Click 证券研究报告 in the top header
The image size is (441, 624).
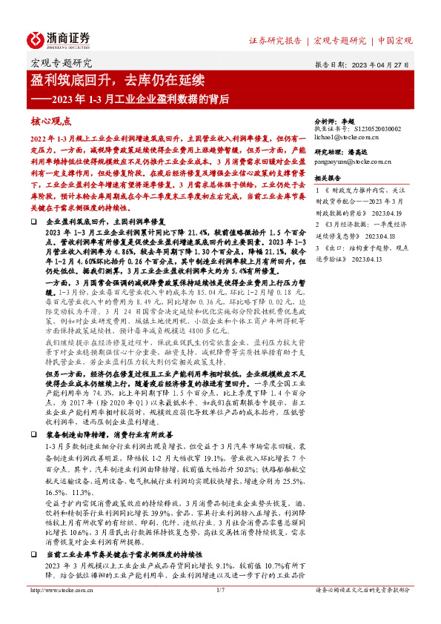[275, 40]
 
